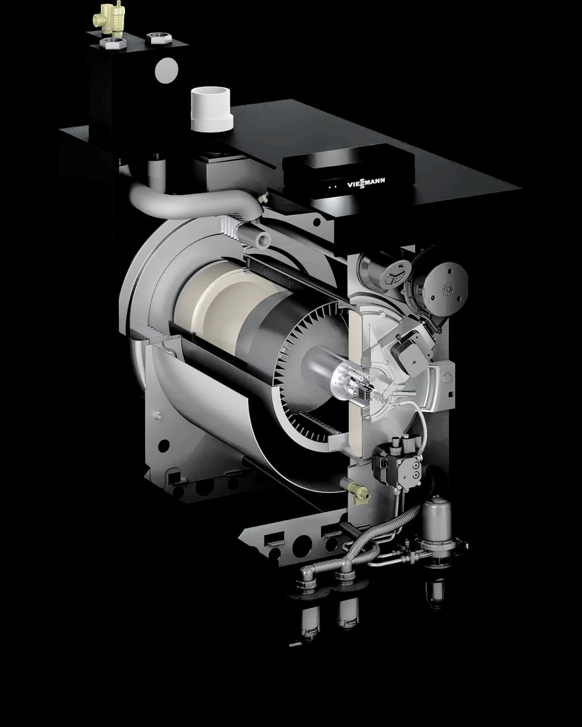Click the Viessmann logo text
click(x=366, y=183)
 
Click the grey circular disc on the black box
click(x=166, y=70)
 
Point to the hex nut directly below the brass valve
click(x=114, y=43)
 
